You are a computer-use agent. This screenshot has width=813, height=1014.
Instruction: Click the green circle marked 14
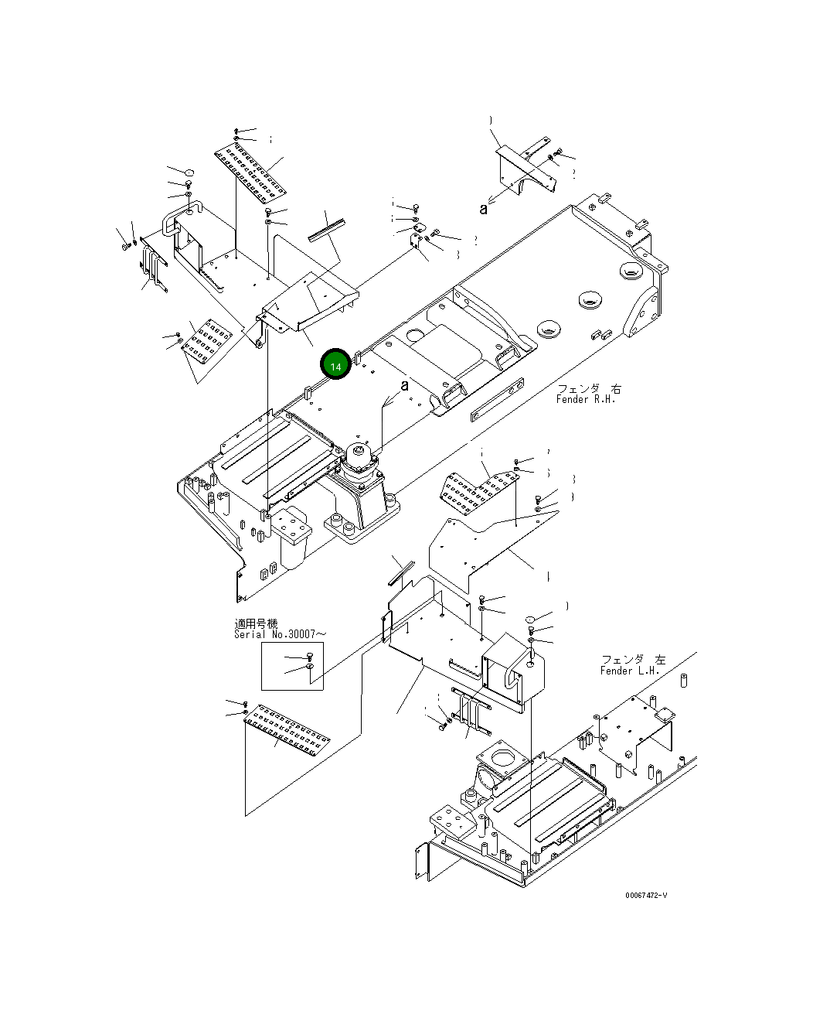pyautogui.click(x=335, y=365)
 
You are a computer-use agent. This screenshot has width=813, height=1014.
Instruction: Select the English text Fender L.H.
pyautogui.click(x=631, y=671)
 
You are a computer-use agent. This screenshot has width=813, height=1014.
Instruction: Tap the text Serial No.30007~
pyautogui.click(x=280, y=634)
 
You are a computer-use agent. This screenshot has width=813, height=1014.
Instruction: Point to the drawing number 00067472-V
pyautogui.click(x=646, y=895)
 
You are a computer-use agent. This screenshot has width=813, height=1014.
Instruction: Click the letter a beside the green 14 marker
pyautogui.click(x=403, y=385)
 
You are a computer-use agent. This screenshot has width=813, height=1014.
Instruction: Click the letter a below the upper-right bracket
pyautogui.click(x=484, y=207)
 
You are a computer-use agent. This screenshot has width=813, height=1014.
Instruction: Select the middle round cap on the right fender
pyautogui.click(x=591, y=299)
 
